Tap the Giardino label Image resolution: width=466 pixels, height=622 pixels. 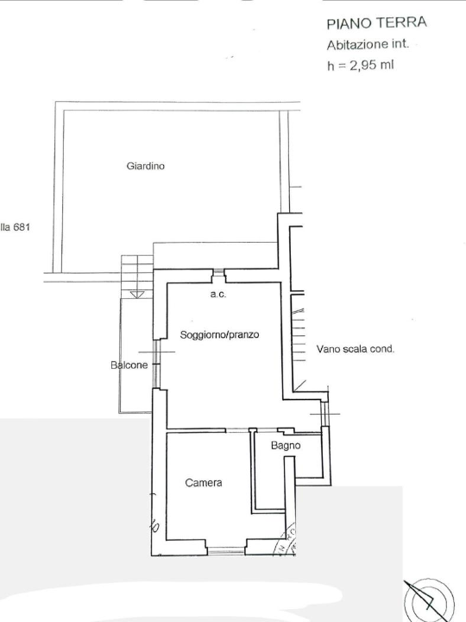[x=146, y=166]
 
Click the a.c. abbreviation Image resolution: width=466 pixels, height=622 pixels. [x=217, y=295]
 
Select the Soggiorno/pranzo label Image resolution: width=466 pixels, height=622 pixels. [x=220, y=334]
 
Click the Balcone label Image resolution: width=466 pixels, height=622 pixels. [x=129, y=365]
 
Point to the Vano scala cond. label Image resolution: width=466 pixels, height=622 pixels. [x=355, y=350]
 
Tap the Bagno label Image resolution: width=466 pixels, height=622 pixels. [x=286, y=446]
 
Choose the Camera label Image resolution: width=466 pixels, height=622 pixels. [x=204, y=483]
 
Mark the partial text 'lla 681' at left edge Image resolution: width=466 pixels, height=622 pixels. [x=16, y=228]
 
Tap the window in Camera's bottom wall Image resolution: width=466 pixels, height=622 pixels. [x=226, y=547]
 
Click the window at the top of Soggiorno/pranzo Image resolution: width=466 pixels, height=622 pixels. [x=219, y=275]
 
